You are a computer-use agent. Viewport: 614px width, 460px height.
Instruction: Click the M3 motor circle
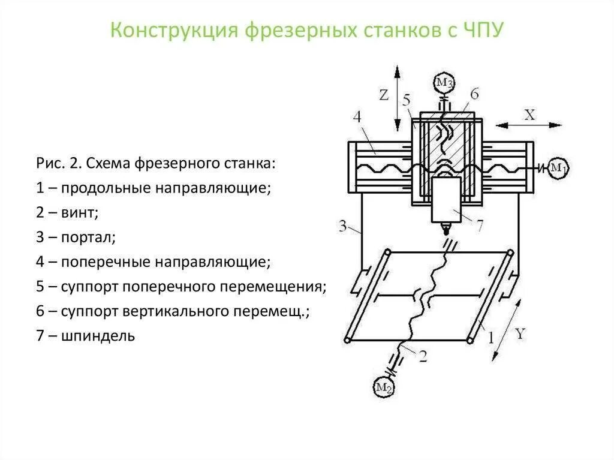(x=444, y=82)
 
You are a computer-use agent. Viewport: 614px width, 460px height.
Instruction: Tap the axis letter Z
(x=384, y=95)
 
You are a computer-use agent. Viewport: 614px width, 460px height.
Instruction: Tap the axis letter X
(x=529, y=115)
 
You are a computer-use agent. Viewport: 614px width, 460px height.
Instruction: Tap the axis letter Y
(x=519, y=334)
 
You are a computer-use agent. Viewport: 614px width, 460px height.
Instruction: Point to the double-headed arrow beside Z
(x=396, y=97)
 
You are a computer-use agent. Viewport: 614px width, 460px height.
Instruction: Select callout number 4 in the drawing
(x=357, y=116)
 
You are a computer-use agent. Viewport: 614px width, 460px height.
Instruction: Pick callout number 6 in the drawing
(x=474, y=94)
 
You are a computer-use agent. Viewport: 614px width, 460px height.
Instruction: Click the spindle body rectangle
(x=446, y=199)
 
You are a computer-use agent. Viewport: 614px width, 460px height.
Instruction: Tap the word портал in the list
(x=88, y=237)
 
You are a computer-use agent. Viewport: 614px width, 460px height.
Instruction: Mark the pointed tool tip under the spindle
(x=446, y=230)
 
